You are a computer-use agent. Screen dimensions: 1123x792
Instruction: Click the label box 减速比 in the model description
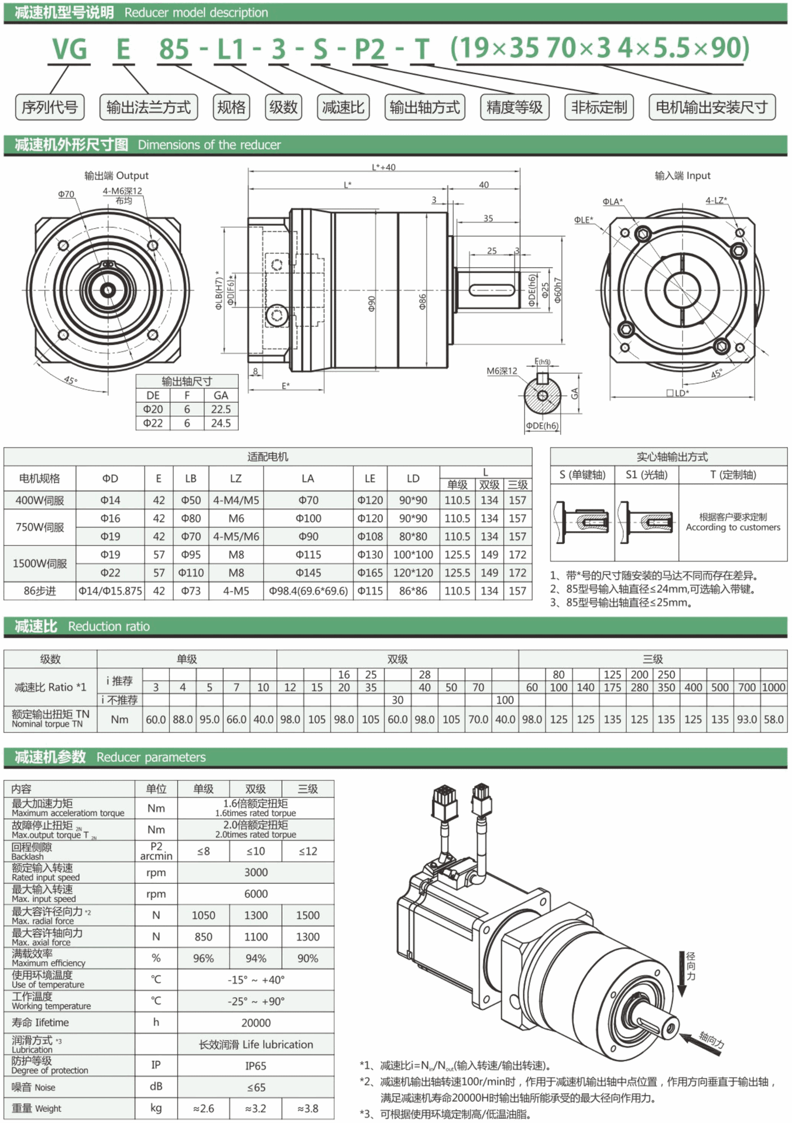click(x=343, y=107)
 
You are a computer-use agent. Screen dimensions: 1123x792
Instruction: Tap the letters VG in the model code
click(x=70, y=49)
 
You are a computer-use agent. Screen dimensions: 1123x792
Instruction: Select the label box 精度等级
click(x=515, y=107)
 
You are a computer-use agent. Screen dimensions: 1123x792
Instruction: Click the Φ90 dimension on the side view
click(x=371, y=303)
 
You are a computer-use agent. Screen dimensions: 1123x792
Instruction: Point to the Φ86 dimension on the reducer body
click(x=423, y=301)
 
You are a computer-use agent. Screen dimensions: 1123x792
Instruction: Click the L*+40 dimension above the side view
click(x=383, y=167)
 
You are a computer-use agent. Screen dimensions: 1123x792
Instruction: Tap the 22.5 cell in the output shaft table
click(x=221, y=409)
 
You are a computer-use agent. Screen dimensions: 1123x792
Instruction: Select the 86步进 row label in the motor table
click(x=40, y=591)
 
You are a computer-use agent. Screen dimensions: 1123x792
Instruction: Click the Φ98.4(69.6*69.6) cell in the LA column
click(x=308, y=591)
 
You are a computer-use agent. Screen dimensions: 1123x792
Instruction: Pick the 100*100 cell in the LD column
click(x=413, y=554)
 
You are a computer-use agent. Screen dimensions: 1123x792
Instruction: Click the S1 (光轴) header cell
click(x=646, y=474)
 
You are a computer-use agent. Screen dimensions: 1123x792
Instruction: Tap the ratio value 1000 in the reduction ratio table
click(x=773, y=687)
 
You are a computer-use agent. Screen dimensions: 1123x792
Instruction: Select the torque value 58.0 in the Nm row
click(x=773, y=719)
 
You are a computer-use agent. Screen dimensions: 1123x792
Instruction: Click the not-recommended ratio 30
click(x=397, y=700)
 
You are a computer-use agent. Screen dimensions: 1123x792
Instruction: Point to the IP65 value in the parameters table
click(x=256, y=1066)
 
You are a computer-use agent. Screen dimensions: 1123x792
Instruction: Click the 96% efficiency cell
click(x=203, y=958)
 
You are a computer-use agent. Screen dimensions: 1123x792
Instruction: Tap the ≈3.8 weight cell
click(x=308, y=1108)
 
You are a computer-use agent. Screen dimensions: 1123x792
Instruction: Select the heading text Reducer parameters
click(x=151, y=757)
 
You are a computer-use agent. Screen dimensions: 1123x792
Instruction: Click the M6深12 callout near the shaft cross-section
click(x=502, y=371)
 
